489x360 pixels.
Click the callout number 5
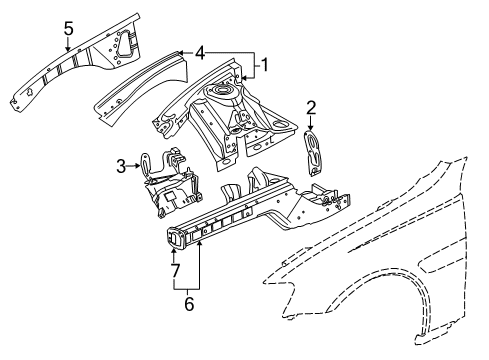[x=68, y=29]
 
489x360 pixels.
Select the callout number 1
[x=264, y=67]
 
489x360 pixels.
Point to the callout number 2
[x=311, y=108]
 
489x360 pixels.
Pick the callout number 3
[x=121, y=166]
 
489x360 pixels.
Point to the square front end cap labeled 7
[x=175, y=236]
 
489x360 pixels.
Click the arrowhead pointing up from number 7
[x=174, y=253]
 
